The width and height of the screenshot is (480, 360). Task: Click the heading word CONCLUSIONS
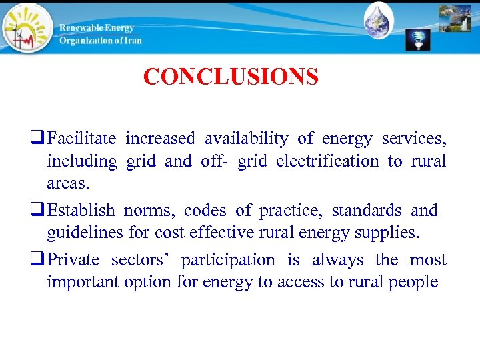(x=231, y=77)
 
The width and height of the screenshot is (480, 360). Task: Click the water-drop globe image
(x=379, y=21)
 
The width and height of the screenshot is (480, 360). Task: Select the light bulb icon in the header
(x=418, y=39)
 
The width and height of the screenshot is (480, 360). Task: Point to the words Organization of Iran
(x=100, y=40)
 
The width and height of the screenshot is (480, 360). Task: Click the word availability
(x=246, y=139)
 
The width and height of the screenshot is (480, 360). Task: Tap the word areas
(x=68, y=183)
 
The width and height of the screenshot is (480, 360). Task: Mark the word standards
(x=367, y=211)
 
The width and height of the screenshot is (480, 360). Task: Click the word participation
(x=227, y=260)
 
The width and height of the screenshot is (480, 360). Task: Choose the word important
(x=83, y=281)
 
